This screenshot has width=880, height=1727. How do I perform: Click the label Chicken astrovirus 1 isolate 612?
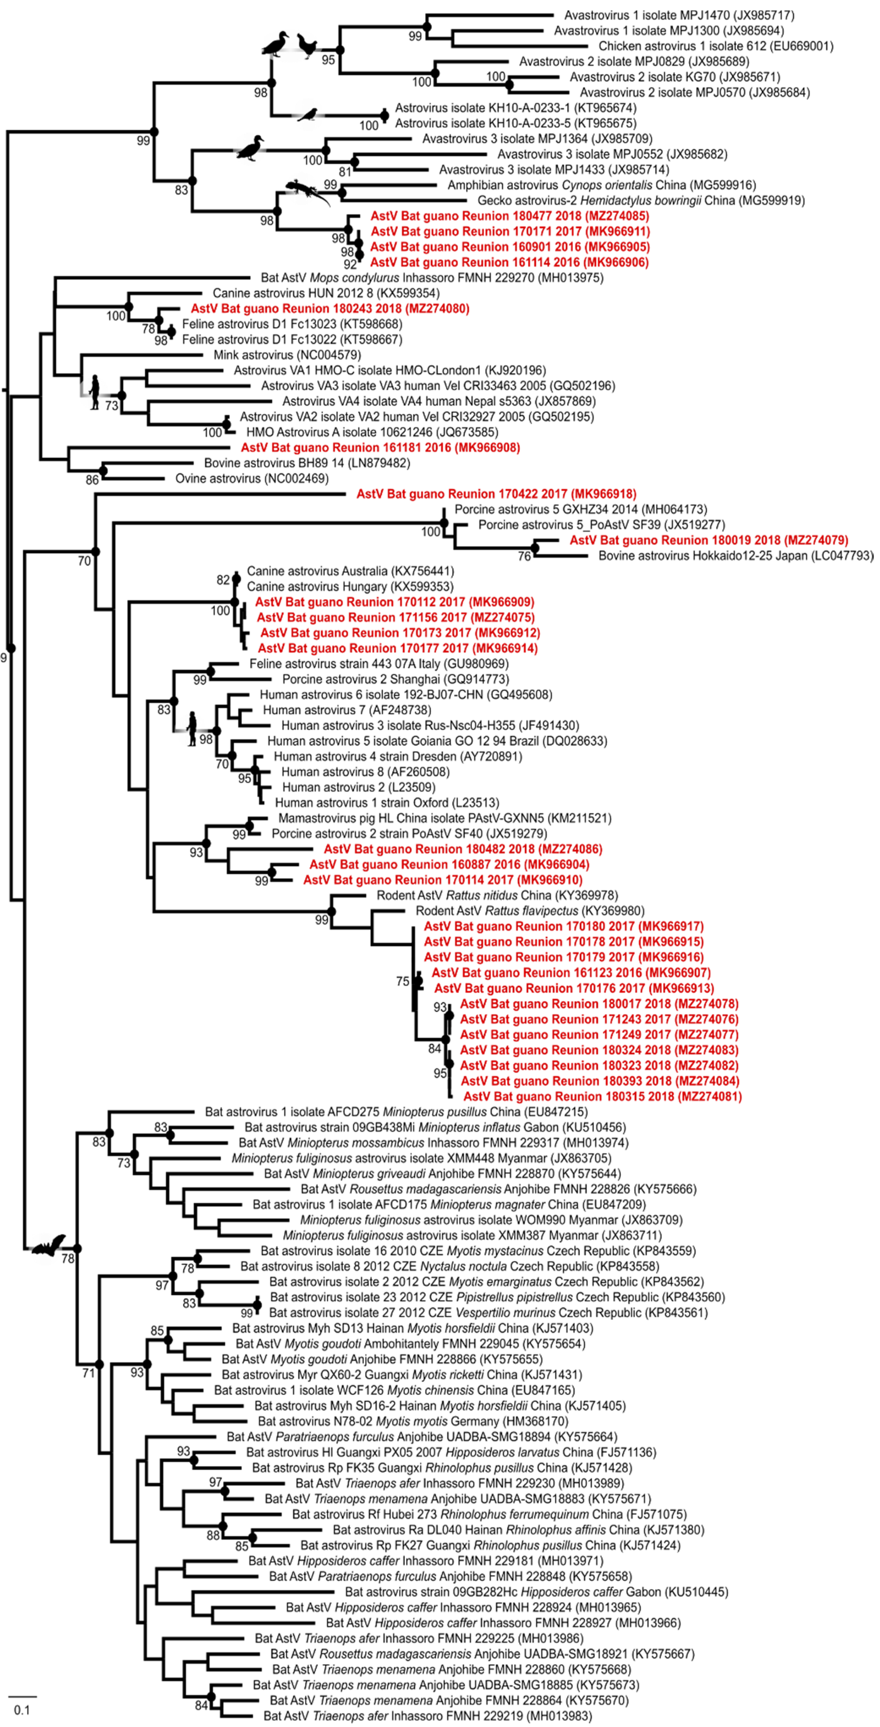[716, 46]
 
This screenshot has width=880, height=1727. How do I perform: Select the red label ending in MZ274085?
[509, 216]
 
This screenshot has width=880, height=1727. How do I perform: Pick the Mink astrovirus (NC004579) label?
[287, 355]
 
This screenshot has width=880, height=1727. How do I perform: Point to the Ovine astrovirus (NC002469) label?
[252, 479]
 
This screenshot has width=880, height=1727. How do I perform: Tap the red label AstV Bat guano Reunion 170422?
[496, 494]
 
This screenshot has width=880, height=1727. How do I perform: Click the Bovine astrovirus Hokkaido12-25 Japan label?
[735, 556]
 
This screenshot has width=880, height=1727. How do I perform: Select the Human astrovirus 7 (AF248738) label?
[346, 710]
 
